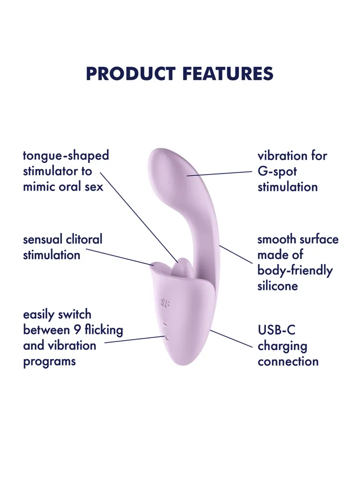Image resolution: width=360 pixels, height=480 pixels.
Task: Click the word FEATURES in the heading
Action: [x=227, y=73]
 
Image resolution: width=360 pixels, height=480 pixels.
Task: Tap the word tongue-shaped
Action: [x=66, y=155]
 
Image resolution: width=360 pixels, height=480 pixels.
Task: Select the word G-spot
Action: [x=277, y=171]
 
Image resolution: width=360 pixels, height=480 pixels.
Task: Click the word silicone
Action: [x=277, y=286]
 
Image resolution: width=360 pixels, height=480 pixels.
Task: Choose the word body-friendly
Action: [x=295, y=270]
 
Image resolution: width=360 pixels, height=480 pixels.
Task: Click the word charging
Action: [x=282, y=346]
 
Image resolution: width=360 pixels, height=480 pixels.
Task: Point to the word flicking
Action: [x=104, y=330]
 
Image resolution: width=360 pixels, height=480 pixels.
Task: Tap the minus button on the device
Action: [x=165, y=324]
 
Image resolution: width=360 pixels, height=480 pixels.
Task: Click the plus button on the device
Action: [x=166, y=339]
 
